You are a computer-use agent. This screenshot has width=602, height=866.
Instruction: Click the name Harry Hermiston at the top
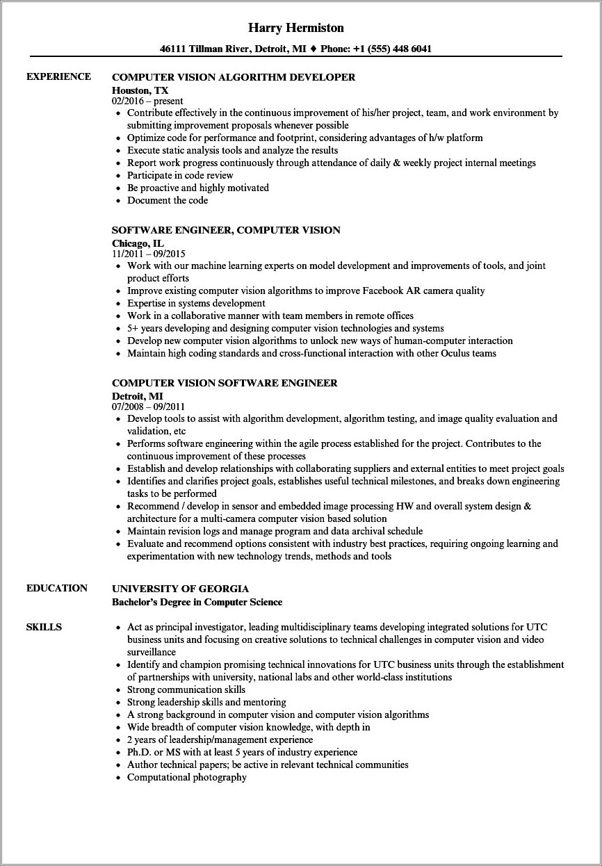point(295,28)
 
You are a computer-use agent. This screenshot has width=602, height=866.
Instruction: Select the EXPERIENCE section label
point(58,76)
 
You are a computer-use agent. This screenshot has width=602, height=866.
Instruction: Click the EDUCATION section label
point(57,588)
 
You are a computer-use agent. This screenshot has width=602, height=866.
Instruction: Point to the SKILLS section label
point(44,627)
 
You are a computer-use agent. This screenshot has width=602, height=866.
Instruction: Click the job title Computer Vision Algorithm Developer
point(234,77)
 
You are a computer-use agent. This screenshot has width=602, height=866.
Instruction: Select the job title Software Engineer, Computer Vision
point(226,230)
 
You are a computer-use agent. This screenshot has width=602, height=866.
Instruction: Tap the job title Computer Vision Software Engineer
point(225,383)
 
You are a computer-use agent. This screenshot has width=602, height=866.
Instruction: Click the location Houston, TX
point(140,90)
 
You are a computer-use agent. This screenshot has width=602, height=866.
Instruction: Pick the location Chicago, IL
point(138,243)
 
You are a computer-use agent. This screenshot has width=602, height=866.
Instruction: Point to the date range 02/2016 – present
point(147,101)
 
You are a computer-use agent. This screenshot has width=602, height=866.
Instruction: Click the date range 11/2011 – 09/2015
point(149,254)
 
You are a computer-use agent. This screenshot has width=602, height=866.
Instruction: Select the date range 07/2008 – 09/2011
point(149,407)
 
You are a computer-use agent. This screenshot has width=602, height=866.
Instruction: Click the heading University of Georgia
point(180,589)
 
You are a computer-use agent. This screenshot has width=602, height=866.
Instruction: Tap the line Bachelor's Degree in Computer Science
point(197,602)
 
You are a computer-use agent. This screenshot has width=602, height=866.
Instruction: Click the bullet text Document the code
point(168,200)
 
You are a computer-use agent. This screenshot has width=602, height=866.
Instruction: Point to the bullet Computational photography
point(186,777)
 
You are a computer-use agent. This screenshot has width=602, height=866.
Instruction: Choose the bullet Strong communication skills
point(186,689)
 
